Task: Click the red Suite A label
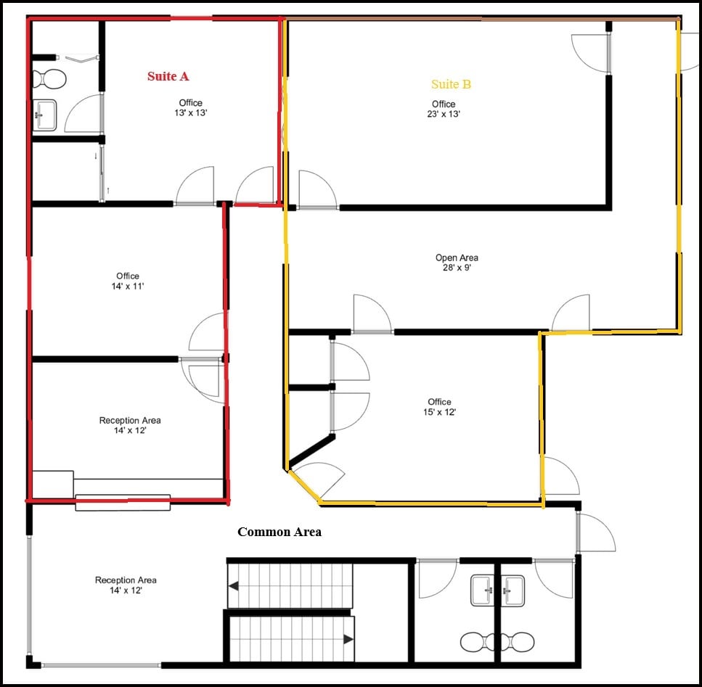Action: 168,76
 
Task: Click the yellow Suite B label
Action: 451,84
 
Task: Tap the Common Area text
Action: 279,532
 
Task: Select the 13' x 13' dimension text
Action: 191,113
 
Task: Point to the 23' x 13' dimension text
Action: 444,114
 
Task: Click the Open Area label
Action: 457,258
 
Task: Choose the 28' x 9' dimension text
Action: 457,268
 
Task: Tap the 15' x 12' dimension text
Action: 439,412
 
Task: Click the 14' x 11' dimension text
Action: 128,287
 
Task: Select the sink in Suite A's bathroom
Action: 46,115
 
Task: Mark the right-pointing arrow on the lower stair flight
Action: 348,639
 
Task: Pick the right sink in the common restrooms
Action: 513,589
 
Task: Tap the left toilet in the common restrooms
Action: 475,641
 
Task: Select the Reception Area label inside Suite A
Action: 130,421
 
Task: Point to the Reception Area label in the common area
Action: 126,580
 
